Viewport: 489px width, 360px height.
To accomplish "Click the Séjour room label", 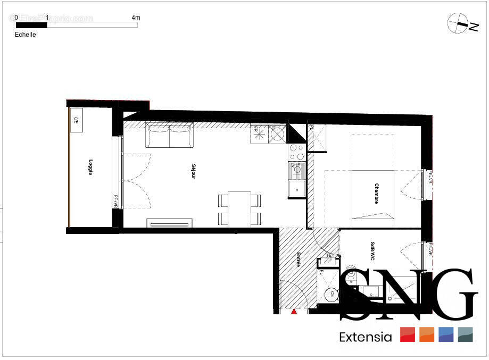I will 193,171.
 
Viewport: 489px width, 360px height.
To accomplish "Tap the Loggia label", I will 91,167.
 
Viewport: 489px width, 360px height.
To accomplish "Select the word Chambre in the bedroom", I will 376,194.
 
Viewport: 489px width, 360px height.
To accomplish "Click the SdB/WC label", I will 372,251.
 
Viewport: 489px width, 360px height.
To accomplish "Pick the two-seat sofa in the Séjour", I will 170,136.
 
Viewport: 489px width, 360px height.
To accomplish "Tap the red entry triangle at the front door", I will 294,311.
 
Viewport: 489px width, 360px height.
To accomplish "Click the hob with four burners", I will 297,153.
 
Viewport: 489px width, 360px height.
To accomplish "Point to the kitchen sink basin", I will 296,188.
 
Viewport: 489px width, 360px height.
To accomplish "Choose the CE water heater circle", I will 333,294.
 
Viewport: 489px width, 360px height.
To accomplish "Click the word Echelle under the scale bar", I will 26,35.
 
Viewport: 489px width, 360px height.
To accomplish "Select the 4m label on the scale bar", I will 136,18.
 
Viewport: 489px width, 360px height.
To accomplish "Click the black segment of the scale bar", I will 31,24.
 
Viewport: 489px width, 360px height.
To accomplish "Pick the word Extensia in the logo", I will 365,337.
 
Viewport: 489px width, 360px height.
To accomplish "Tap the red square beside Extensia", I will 408,334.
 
